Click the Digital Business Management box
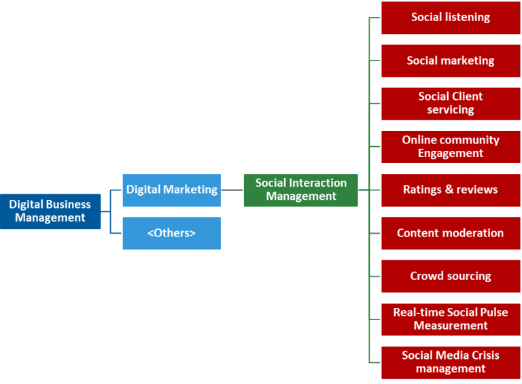click(50, 211)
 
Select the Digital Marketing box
click(172, 190)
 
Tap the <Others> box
click(172, 233)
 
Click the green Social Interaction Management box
click(300, 190)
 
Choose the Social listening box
click(450, 18)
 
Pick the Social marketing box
click(450, 60)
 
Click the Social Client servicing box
click(450, 103)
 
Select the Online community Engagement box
click(450, 147)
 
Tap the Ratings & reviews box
click(450, 190)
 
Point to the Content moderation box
click(450, 233)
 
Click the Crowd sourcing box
click(450, 276)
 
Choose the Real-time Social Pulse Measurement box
click(450, 319)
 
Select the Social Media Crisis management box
click(450, 362)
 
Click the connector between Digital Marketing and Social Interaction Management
click(232, 190)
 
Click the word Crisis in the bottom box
click(483, 355)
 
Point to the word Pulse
click(491, 313)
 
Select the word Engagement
click(450, 154)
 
